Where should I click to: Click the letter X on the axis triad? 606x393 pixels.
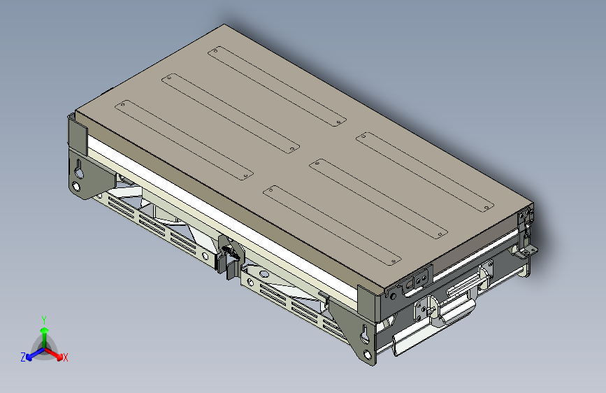tap(65, 357)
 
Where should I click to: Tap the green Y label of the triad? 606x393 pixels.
tap(44, 320)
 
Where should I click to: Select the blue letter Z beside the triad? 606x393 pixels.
tap(23, 357)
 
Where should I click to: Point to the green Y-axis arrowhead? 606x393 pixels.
tap(45, 331)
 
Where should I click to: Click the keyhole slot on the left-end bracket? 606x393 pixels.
tap(79, 170)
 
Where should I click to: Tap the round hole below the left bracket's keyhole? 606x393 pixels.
tap(76, 187)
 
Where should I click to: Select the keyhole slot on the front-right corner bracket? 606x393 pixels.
tap(364, 334)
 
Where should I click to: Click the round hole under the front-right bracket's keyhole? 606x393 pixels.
tap(367, 353)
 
